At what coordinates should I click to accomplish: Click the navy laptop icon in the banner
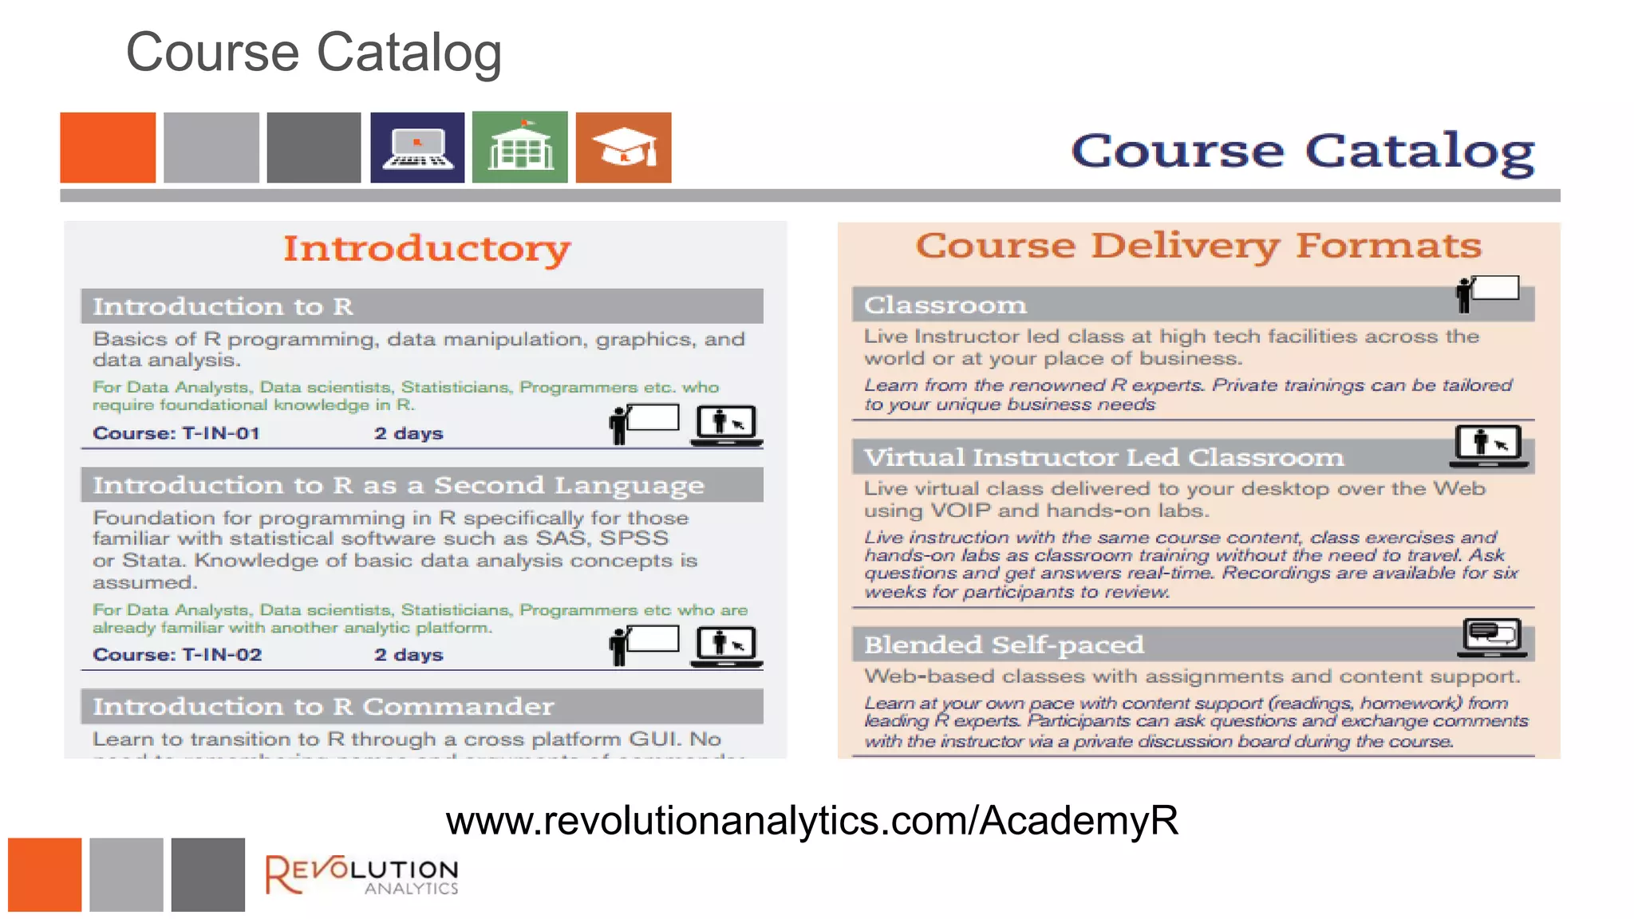point(417,148)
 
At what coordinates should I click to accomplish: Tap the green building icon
point(520,148)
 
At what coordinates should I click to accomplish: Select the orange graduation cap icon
point(623,148)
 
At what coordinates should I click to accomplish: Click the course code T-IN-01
point(221,433)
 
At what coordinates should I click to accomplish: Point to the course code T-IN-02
point(222,654)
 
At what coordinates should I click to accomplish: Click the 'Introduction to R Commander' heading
point(323,707)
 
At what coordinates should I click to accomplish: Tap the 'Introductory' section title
point(427,248)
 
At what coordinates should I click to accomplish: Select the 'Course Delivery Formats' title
point(1198,245)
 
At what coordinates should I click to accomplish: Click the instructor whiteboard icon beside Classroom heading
point(1487,293)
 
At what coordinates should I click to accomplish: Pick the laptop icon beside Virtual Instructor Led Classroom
point(1489,446)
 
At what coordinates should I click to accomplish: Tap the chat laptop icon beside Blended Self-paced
point(1492,637)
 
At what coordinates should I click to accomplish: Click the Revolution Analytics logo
point(361,875)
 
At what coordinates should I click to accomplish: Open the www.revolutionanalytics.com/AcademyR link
point(811,820)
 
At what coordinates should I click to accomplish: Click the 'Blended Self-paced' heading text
point(1004,645)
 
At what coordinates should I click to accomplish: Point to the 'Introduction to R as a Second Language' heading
point(398,485)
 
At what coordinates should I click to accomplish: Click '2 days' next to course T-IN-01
point(408,433)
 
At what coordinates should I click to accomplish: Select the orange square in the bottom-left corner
point(45,874)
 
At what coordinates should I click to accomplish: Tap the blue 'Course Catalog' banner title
point(1302,151)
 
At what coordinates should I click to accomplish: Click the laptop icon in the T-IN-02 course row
point(726,645)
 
